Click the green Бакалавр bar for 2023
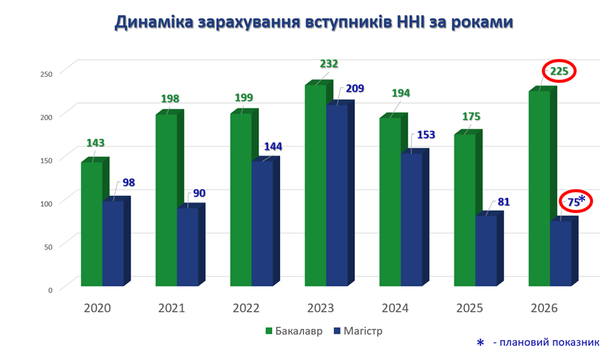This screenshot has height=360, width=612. (316, 185)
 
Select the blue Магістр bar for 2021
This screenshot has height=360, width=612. (188, 247)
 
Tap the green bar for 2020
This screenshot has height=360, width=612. (92, 224)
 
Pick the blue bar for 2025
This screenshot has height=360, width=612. (486, 251)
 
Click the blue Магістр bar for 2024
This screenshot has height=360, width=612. (412, 219)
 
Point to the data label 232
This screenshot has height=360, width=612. (329, 63)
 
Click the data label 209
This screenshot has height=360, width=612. (355, 89)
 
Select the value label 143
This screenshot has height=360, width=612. (96, 143)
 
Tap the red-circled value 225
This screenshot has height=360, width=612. (559, 72)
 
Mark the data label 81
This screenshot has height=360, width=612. (503, 202)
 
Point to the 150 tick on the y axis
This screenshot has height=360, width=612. (46, 160)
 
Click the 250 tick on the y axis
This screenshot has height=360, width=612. (46, 74)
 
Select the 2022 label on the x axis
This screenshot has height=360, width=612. (246, 308)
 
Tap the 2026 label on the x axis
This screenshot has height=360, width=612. (544, 308)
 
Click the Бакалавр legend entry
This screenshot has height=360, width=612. (294, 331)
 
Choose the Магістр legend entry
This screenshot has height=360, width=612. (358, 331)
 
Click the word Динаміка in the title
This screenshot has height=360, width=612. (154, 22)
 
